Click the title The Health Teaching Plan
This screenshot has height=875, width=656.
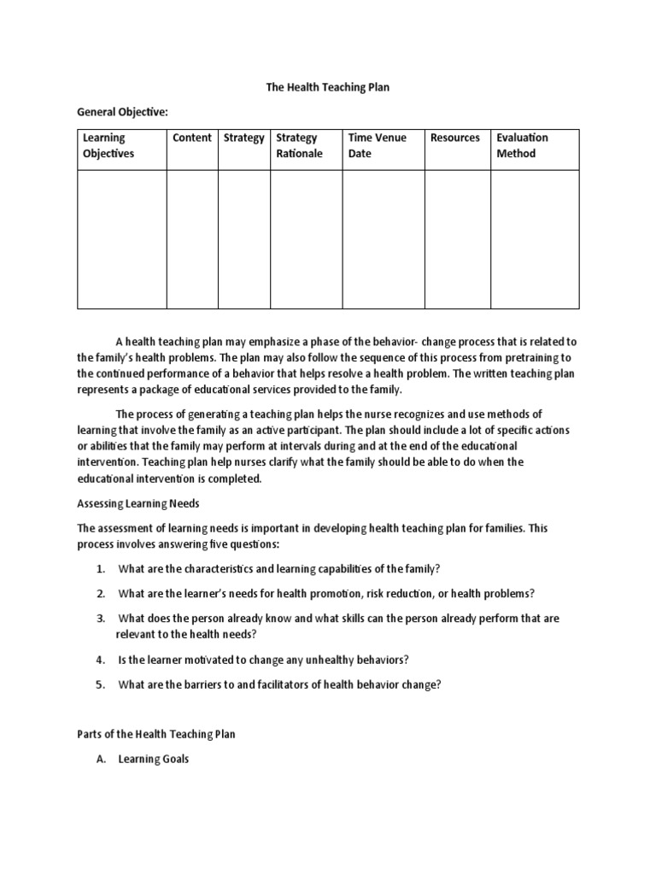point(327,88)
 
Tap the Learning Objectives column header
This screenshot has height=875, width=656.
point(108,145)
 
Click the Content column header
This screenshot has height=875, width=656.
point(191,138)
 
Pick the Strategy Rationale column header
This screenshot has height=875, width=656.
point(299,145)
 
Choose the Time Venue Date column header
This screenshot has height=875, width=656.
point(377,145)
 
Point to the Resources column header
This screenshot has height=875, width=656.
point(454,138)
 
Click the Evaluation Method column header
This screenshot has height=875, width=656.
point(522,145)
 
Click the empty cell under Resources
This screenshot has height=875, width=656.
point(457,239)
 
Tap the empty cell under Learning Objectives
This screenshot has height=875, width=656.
point(121,239)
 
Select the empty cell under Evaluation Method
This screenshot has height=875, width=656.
point(535,239)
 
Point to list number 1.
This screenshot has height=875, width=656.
point(100,569)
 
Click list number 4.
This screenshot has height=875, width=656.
point(100,660)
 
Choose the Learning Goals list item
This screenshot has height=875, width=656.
point(153,759)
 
